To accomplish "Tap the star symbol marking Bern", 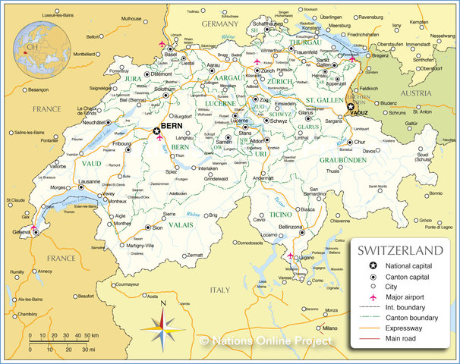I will pos(157,131).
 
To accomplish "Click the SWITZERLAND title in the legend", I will pos(400,250).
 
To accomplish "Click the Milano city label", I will pos(329,328).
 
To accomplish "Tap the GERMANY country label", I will pos(220,24).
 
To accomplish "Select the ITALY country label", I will pos(219,289).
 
